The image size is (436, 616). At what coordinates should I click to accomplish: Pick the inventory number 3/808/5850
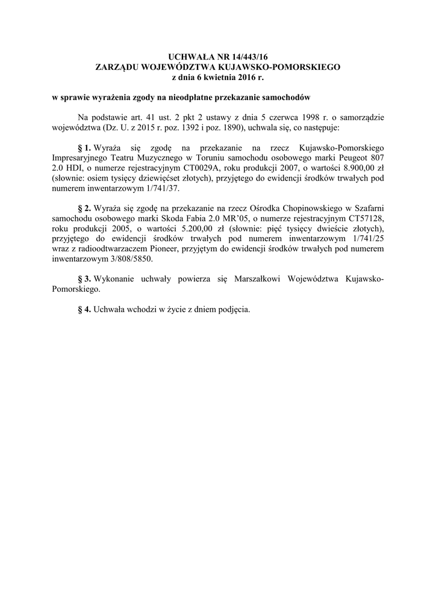[129, 259]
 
